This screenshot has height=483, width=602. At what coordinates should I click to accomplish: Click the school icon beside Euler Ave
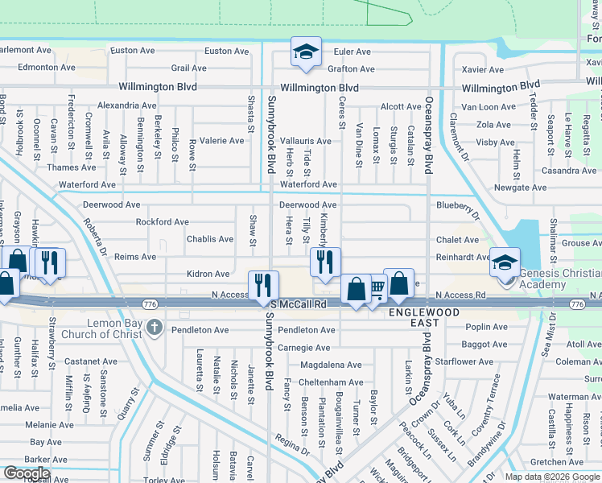306,52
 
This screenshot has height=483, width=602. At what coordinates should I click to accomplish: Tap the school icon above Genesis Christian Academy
505,262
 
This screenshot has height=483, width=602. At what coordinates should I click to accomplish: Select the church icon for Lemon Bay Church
154,328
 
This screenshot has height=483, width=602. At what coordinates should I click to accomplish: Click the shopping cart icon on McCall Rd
375,288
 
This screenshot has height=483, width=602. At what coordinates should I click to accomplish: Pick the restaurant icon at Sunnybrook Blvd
263,284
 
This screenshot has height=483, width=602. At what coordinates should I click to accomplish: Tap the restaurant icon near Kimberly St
325,262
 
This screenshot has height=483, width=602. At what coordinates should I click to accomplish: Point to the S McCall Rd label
299,304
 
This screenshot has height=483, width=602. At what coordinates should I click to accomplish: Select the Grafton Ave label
351,69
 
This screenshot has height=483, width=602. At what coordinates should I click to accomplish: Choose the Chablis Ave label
210,239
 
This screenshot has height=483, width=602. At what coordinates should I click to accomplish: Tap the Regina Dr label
292,447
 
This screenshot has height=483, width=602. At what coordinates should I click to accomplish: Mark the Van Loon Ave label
488,107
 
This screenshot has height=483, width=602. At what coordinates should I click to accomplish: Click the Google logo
27,474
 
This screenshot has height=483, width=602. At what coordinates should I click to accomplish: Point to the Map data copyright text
552,477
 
